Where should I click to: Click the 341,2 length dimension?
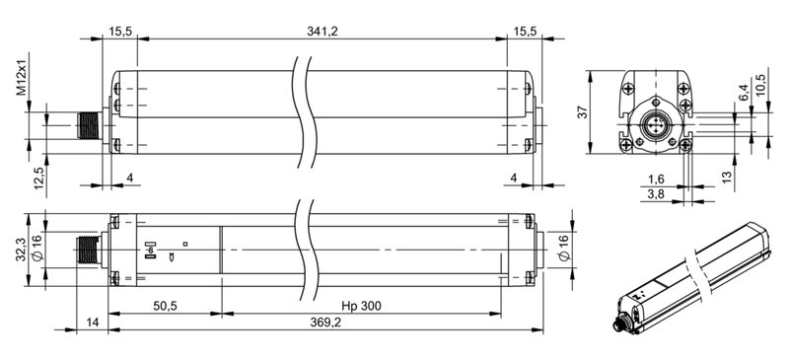click(323, 32)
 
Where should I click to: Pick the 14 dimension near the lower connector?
click(92, 323)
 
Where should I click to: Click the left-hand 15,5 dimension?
click(120, 32)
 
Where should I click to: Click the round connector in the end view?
click(654, 125)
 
